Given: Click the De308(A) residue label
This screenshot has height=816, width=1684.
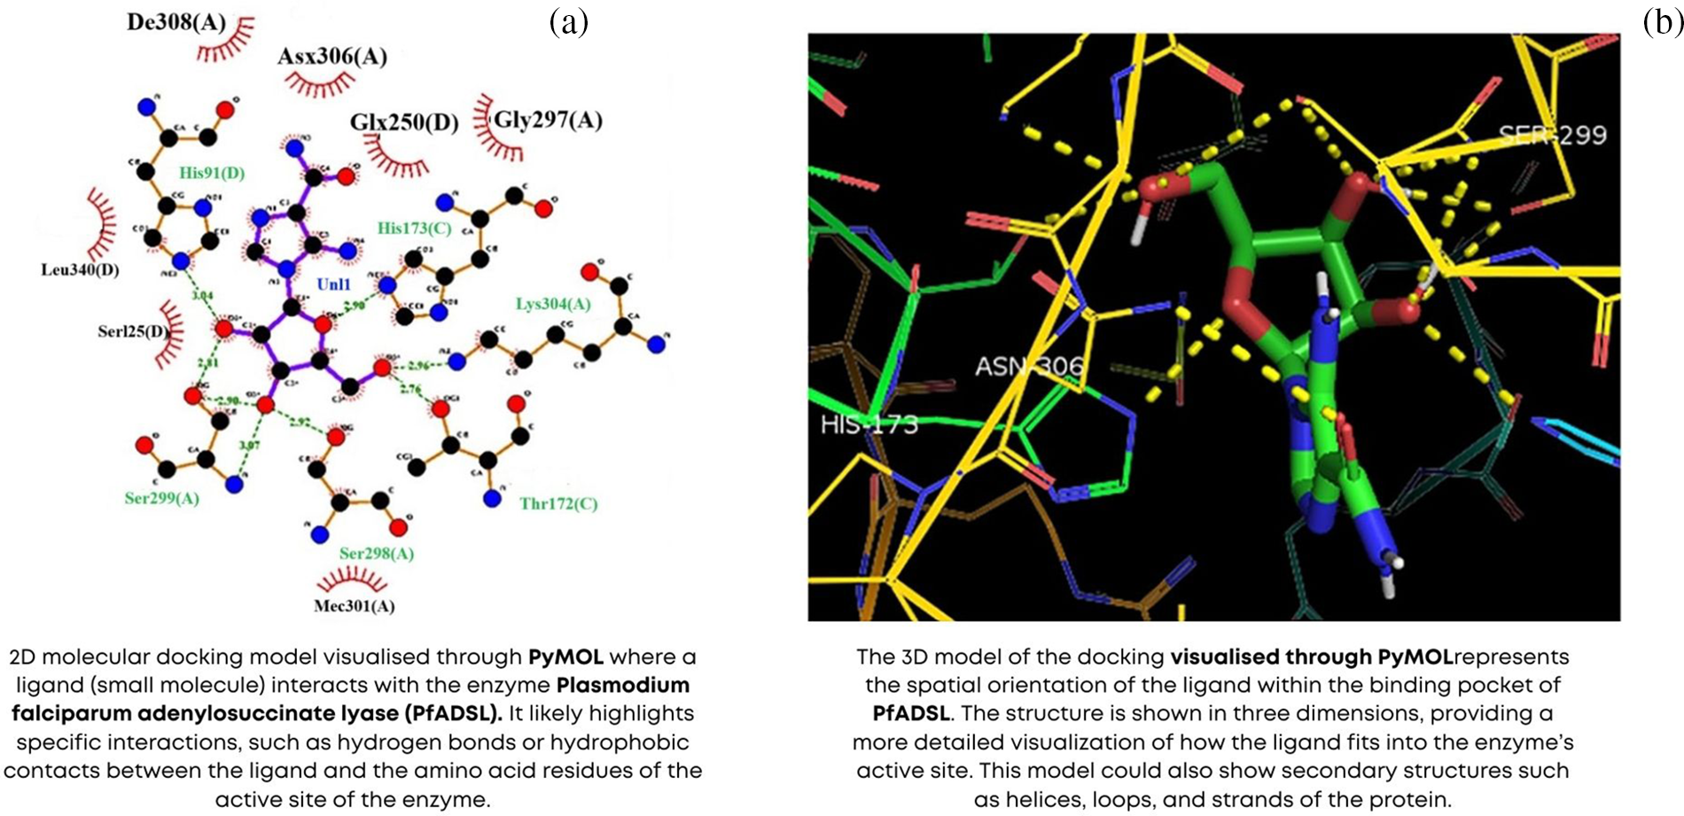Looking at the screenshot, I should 176,22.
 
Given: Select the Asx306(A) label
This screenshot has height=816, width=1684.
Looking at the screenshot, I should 332,57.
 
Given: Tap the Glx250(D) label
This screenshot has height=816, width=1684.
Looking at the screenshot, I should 404,122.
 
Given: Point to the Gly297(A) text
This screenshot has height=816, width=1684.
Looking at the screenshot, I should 548,119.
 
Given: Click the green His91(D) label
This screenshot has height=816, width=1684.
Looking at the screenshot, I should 212,173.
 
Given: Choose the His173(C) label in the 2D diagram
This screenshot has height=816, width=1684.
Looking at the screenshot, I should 414,229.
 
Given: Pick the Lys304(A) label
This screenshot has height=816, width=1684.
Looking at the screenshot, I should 553,304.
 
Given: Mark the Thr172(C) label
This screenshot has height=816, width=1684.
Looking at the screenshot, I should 558,504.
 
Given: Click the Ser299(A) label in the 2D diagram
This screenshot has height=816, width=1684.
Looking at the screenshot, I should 161,498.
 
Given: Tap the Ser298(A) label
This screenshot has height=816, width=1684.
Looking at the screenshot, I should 377,554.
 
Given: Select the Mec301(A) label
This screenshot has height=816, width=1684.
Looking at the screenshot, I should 354,607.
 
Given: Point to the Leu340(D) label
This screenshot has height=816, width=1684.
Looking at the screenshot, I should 80,269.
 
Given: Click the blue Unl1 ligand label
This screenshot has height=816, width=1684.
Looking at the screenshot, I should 334,284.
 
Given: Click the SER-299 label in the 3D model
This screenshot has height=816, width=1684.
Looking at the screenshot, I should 1552,136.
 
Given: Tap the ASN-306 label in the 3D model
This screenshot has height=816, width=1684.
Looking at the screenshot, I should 1028,366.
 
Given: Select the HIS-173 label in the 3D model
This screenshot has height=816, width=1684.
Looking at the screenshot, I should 869,425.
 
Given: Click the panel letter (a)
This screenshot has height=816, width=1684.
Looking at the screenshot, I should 568,21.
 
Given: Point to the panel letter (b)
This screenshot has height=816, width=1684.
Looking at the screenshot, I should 1663,21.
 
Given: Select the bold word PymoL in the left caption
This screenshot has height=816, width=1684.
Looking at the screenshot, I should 565,657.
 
